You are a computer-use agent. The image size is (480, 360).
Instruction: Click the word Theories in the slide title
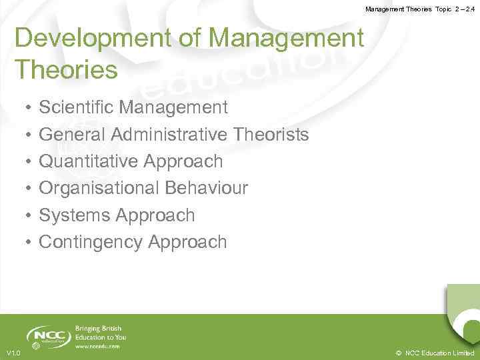coord(66,69)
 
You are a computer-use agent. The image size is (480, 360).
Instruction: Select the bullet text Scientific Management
coord(133,107)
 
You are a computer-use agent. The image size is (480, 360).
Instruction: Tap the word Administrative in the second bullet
coord(170,135)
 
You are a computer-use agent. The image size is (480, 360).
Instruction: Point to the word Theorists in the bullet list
coord(271,135)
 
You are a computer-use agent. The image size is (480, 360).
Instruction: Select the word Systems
coord(74,215)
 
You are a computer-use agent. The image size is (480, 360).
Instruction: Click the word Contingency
coord(90,243)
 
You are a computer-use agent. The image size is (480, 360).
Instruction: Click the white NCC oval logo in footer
coord(49,337)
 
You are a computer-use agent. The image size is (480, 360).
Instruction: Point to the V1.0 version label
coord(13,353)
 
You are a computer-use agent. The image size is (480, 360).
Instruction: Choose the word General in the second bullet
coord(73,135)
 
